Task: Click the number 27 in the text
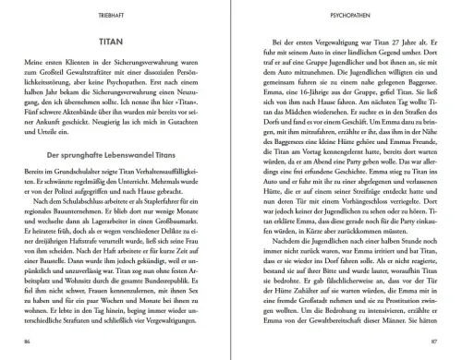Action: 376,42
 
